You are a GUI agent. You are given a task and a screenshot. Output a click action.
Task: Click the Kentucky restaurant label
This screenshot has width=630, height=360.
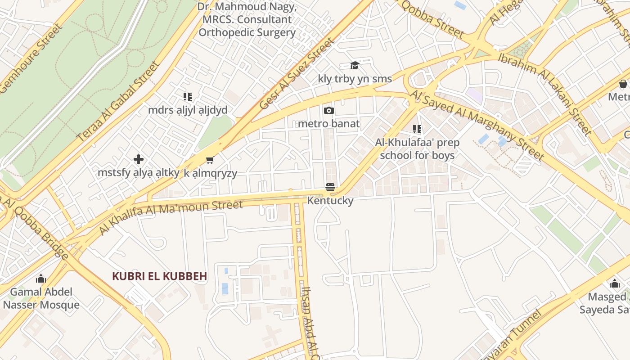coord(330,201)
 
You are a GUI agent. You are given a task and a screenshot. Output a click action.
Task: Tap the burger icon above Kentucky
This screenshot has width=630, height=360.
coord(330,187)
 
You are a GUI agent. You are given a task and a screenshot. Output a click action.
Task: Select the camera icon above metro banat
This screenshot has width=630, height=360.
coord(329,111)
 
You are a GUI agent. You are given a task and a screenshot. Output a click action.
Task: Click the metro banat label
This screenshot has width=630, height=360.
coord(329,123)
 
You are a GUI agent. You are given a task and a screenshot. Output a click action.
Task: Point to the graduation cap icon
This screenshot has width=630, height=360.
coord(355,66)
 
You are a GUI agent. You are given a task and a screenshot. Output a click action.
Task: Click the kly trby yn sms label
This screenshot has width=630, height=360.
coord(355,79)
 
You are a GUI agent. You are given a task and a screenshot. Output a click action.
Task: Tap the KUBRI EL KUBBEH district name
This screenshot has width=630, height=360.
coord(159,276)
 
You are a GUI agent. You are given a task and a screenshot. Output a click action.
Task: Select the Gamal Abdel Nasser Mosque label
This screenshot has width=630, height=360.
coord(41,298)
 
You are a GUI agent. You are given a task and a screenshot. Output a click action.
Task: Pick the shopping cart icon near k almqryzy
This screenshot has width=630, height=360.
coord(210,160)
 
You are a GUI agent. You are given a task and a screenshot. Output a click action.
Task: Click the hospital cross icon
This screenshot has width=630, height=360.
coord(139,159)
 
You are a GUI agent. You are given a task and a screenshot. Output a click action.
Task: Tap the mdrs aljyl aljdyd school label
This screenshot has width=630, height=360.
coord(188,110)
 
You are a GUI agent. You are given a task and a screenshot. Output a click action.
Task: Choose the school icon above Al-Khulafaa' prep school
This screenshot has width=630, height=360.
coord(417,130)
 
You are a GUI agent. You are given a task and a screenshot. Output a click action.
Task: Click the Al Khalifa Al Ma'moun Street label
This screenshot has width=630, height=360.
coord(171,217)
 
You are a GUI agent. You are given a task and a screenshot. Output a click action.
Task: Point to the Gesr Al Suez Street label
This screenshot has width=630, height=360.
coord(297,74)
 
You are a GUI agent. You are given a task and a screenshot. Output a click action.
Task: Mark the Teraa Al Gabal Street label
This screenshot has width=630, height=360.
coord(119,102)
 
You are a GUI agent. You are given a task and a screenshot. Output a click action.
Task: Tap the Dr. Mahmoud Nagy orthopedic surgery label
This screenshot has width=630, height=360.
coord(247,20)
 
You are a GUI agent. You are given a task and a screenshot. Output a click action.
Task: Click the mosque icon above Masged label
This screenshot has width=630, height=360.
coord(614,284)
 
